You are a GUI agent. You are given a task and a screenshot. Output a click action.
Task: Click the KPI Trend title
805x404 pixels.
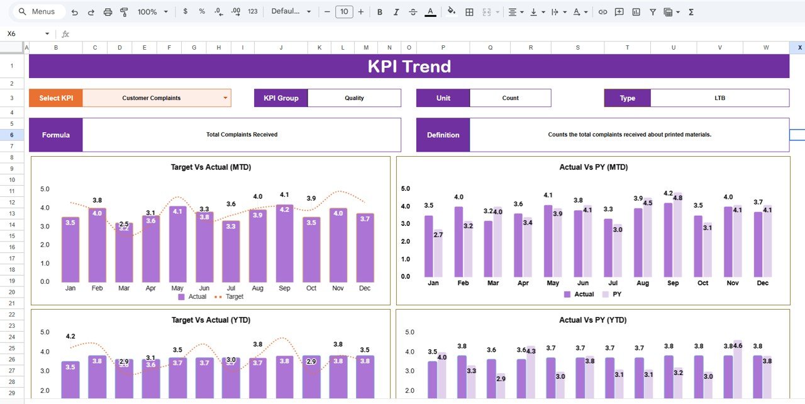(409, 66)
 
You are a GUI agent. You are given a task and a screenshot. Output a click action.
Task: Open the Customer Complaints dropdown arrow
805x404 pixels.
(225, 98)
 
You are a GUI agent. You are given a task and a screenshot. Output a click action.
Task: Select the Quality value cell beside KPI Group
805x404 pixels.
(354, 98)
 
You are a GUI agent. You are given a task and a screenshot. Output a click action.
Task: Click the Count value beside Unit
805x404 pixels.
(510, 98)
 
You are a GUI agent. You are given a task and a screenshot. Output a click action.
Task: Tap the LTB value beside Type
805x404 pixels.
(719, 98)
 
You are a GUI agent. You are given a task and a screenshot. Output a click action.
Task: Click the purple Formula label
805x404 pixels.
(56, 135)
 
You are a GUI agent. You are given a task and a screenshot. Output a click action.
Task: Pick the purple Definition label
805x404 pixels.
(443, 135)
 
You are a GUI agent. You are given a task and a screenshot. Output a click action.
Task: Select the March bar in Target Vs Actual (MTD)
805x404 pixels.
(124, 252)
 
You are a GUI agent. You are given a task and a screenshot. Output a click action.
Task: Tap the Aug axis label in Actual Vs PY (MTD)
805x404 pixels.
(643, 283)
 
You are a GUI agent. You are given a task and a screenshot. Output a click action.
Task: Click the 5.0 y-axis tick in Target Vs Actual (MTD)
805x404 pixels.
(45, 189)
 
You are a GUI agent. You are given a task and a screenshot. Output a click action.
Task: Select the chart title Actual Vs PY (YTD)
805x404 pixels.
(593, 320)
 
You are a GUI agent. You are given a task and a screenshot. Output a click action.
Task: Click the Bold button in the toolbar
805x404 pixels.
(379, 11)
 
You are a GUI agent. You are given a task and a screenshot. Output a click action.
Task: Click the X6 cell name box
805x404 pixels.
(25, 34)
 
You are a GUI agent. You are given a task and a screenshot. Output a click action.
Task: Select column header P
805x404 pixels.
(443, 47)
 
